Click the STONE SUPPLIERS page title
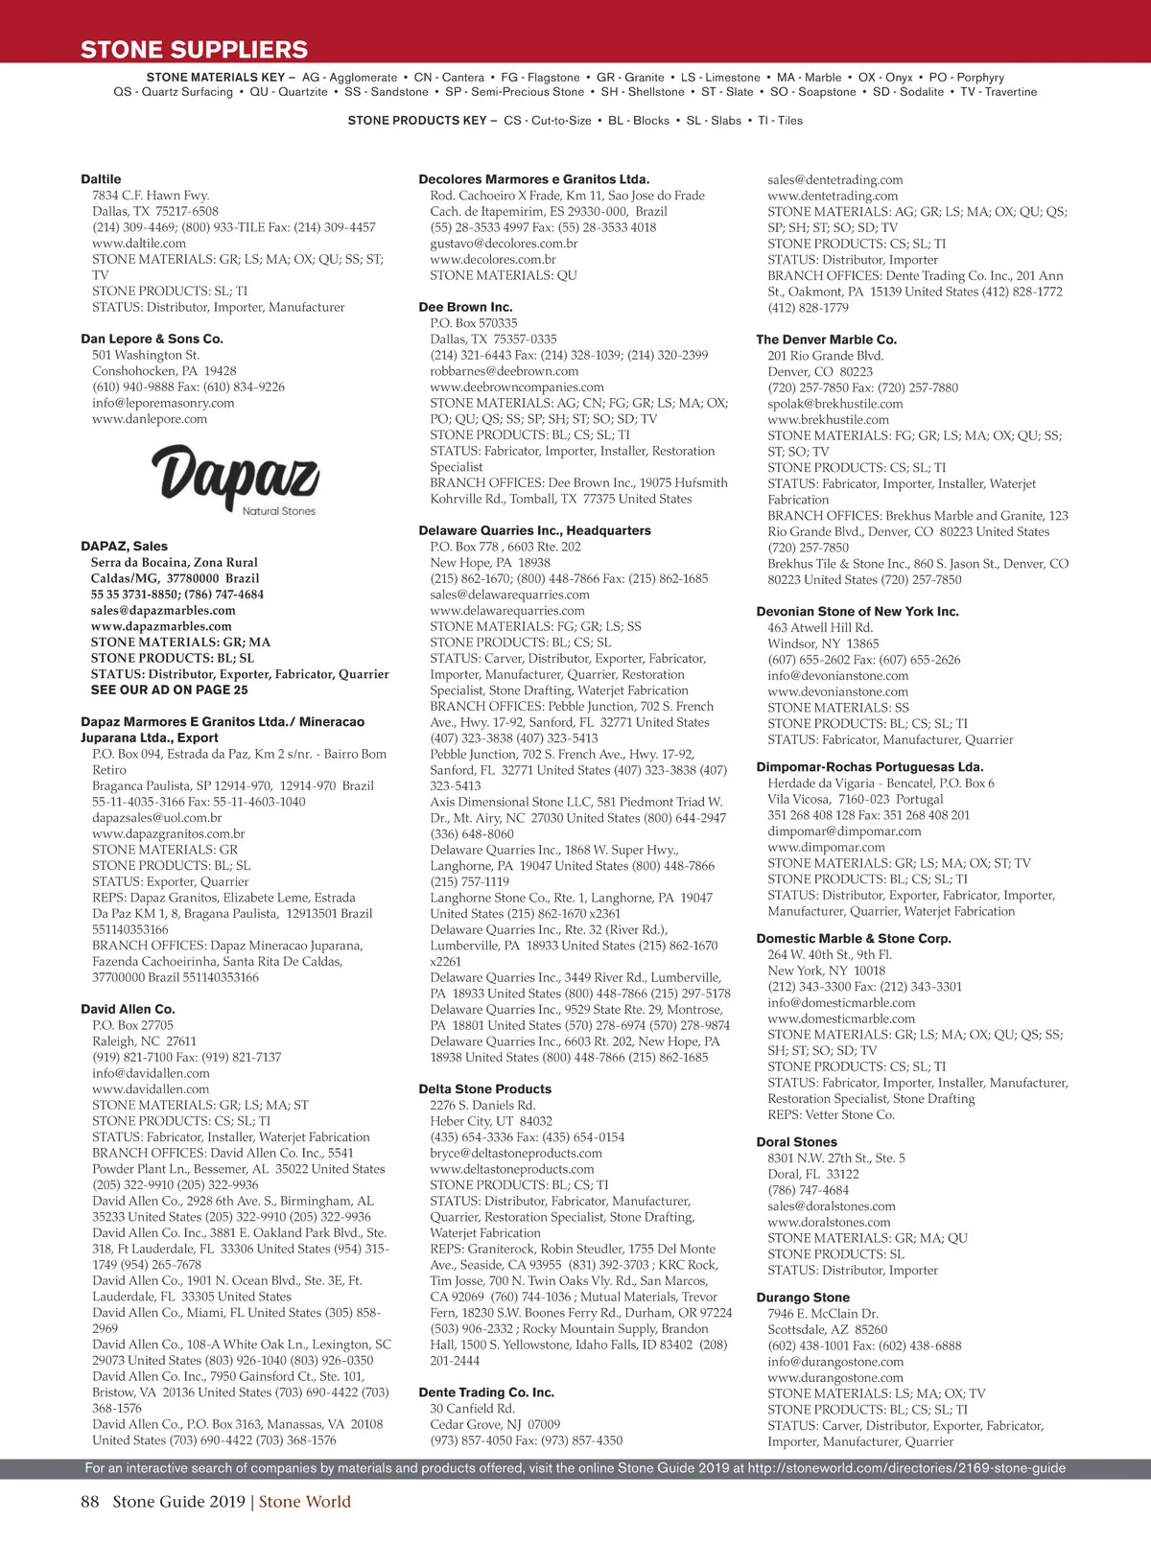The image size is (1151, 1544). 194,50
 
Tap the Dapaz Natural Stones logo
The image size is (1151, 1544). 235,479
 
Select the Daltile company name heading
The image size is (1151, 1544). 101,179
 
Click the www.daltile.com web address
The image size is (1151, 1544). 139,244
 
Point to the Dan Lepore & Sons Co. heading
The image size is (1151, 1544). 152,339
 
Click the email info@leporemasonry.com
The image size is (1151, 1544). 163,403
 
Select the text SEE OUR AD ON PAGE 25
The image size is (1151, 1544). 169,690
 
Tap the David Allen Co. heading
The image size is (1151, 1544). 128,1009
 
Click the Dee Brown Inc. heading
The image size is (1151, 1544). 465,307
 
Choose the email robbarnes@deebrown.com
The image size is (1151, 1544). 504,371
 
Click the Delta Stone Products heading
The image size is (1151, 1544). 484,1089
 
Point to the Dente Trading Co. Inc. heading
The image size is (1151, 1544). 486,1392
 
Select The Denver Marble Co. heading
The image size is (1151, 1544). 826,339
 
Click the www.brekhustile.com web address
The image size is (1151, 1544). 828,420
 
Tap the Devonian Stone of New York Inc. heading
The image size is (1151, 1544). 857,612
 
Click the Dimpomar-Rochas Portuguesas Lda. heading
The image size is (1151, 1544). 869,767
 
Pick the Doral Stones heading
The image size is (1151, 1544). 796,1142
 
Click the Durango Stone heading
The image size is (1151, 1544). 803,1298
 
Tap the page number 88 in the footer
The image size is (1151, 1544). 90,1502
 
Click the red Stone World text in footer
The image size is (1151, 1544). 304,1502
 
